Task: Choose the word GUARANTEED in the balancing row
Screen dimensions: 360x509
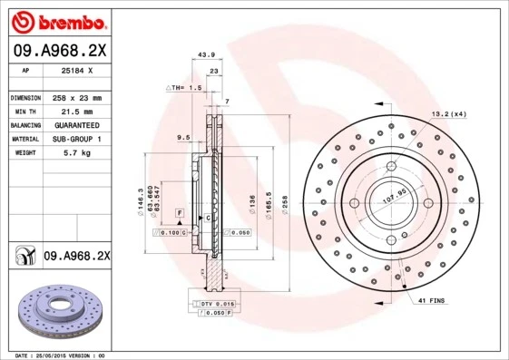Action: tap(76, 124)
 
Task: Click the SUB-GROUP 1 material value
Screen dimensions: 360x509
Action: tap(76, 139)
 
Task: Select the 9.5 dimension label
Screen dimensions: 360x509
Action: tap(182, 138)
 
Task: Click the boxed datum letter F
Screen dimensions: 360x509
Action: tap(180, 211)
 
